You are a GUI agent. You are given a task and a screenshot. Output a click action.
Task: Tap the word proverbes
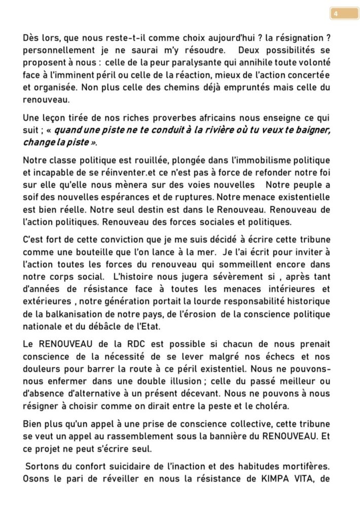tap(183, 119)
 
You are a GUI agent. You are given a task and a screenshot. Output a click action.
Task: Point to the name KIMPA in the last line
tap(263, 476)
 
